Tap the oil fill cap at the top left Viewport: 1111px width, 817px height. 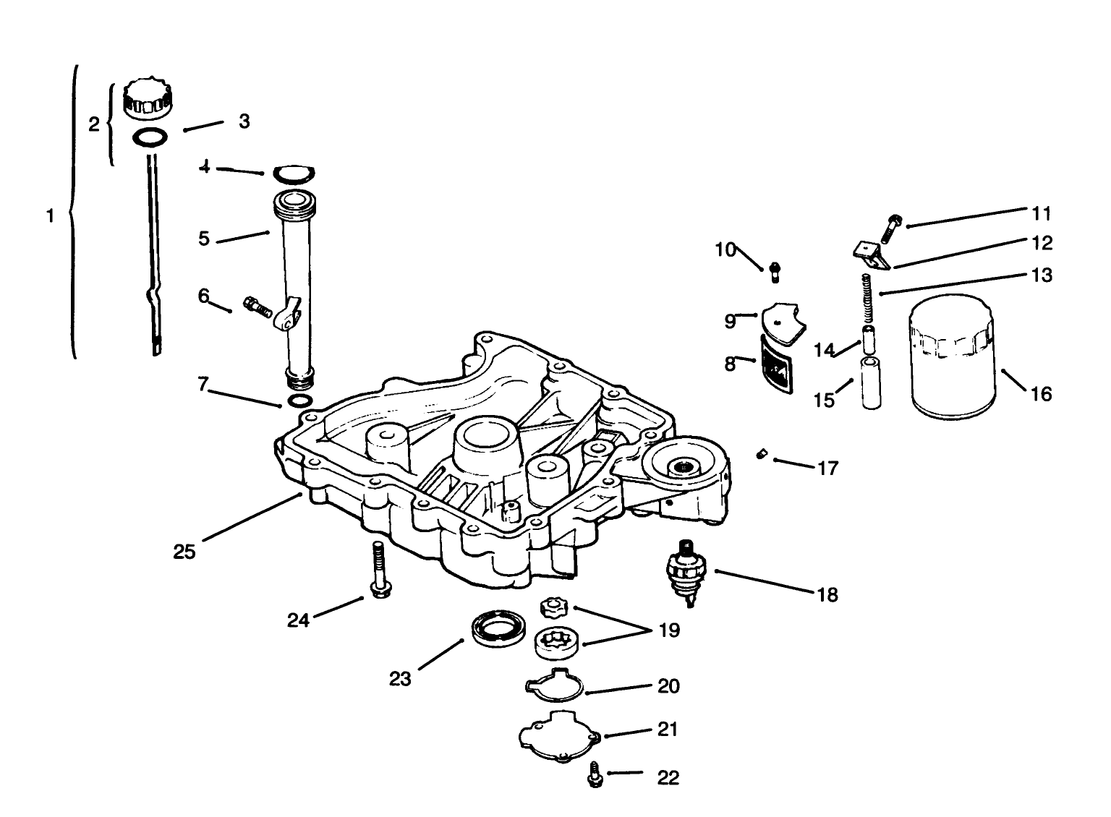pos(148,100)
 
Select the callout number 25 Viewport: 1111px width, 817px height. pos(184,552)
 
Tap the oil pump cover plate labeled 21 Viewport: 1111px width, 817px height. pos(559,735)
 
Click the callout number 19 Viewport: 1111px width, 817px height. pos(670,630)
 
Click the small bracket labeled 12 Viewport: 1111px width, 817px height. pos(869,254)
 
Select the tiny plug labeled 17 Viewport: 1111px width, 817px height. pos(761,454)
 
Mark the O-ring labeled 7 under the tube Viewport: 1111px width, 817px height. pos(300,401)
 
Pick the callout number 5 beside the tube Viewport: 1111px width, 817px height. pos(204,238)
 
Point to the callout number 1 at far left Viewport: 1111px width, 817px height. pos(50,215)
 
